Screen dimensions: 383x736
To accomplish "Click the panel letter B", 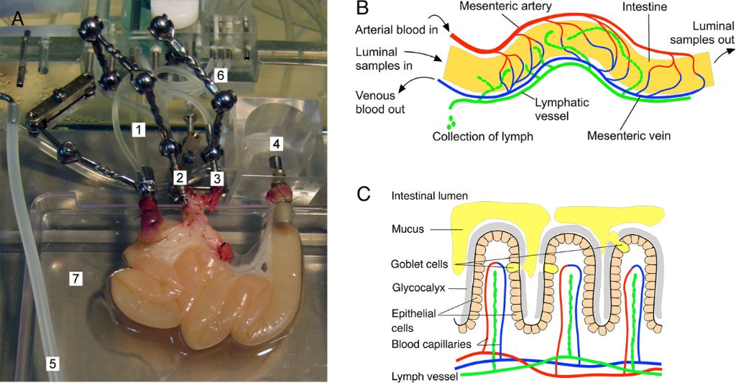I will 364,10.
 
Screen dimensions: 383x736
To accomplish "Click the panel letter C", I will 364,193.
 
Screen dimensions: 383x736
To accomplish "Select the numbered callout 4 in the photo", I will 277,144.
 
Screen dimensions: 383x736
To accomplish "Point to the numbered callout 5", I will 52,364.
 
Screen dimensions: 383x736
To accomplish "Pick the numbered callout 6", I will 221,74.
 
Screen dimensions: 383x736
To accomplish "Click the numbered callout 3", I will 216,177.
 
